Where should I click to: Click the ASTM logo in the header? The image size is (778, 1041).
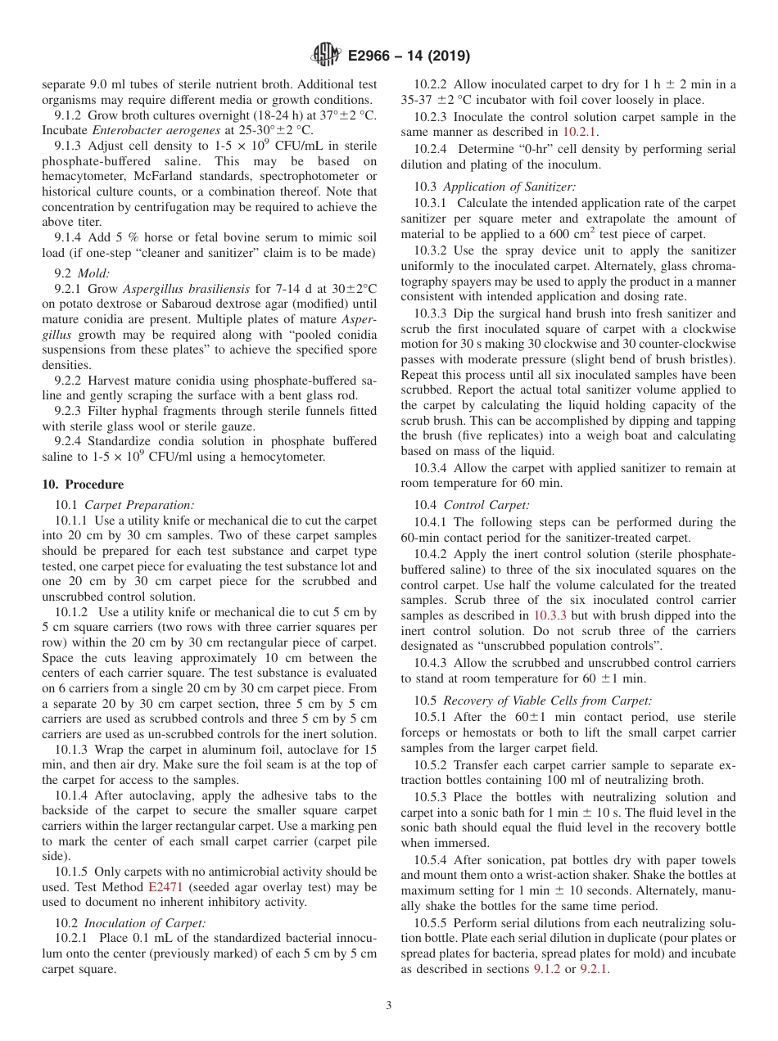pos(326,56)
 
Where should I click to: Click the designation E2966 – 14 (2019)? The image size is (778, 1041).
pos(409,56)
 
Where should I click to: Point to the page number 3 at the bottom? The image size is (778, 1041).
pos(388,1005)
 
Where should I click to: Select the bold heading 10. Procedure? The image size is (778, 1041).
pos(83,484)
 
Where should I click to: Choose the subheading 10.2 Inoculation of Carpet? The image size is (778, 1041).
pos(129,923)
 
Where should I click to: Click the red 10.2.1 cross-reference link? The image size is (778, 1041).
pos(579,132)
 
